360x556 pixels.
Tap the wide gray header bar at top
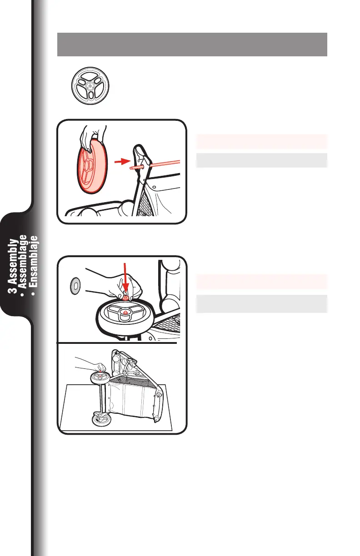(192, 44)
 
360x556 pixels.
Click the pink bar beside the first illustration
(261, 142)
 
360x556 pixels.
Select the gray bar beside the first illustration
(261, 160)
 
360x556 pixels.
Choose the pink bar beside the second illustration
(261, 282)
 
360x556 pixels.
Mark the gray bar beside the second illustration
(261, 303)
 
